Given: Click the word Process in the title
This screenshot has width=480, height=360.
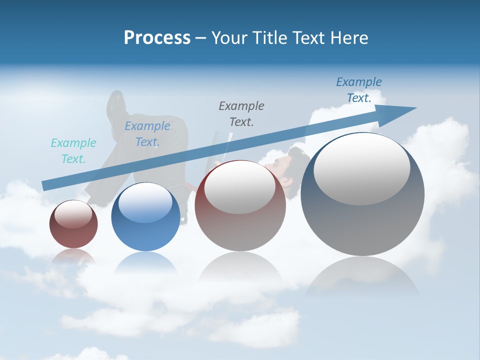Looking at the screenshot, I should coord(157,38).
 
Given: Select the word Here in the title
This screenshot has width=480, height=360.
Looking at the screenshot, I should coord(349,38).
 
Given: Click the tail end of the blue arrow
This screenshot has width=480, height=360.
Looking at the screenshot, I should coord(45,186).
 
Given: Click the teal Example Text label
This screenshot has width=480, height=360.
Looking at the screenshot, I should coord(73,151).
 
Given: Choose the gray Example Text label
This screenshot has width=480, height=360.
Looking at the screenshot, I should coord(241,113).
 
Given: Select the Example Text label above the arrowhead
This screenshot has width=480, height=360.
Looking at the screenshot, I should coord(359,90).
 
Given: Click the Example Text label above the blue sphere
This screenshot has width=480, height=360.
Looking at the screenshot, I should coord(147,134).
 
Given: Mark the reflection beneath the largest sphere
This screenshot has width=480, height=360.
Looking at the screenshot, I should coord(362,275).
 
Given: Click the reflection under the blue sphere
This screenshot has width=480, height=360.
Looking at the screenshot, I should coord(145,262).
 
